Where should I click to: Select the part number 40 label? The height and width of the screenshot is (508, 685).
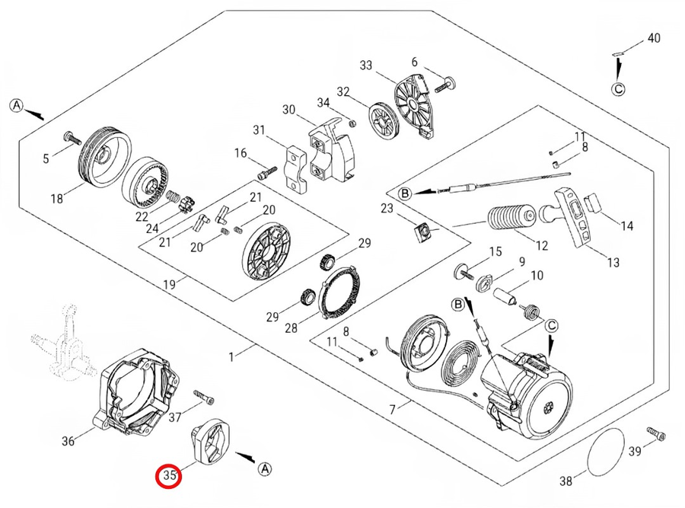[654, 37]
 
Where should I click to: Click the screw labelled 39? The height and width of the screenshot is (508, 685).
[656, 434]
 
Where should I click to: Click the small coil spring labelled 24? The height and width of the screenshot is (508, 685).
[174, 197]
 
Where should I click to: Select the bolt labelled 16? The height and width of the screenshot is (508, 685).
[266, 173]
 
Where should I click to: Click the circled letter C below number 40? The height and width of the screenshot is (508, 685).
[619, 89]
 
